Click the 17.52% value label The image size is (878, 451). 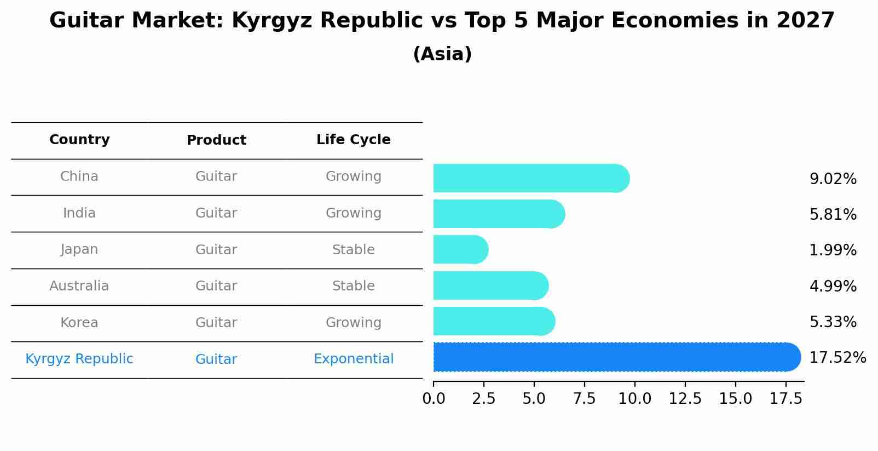[837, 358]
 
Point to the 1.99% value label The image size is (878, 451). [833, 250]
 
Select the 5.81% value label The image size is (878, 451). [833, 215]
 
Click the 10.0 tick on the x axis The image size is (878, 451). [634, 399]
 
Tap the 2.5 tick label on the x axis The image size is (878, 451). [483, 399]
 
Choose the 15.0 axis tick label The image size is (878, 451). [735, 399]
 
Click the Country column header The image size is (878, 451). [79, 140]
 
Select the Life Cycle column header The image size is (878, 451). [353, 140]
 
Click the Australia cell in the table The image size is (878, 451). [79, 286]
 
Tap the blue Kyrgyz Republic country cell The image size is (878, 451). [79, 359]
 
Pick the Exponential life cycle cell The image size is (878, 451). [353, 359]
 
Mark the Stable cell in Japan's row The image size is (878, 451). [353, 250]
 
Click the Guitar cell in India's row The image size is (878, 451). [216, 213]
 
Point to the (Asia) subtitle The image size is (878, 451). [442, 54]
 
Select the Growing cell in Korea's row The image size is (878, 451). [353, 323]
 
